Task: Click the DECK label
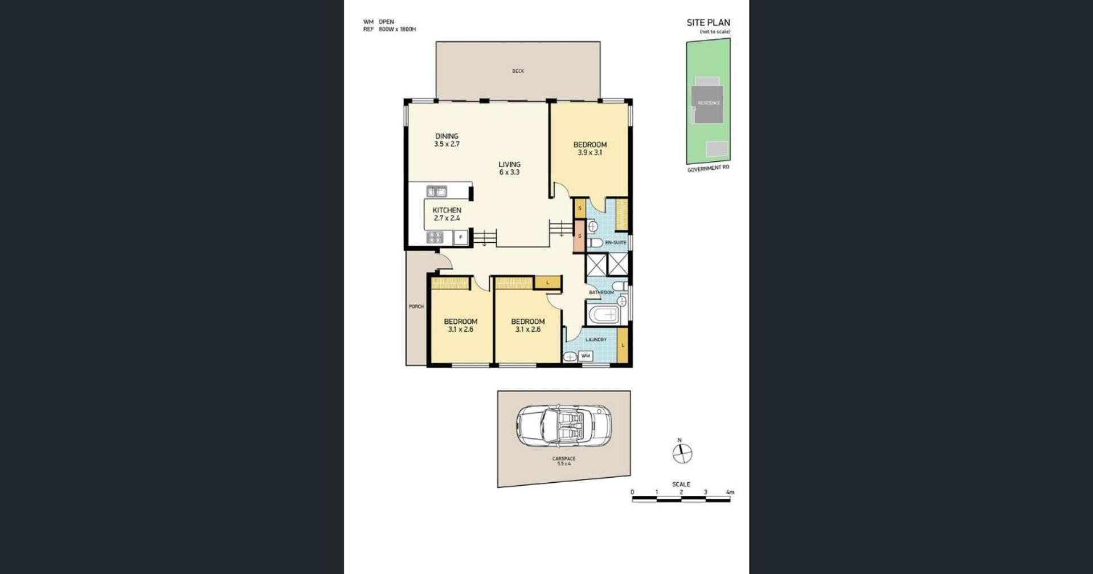coord(518,71)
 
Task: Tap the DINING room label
coord(447,136)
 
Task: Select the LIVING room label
coord(509,164)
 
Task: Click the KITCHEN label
coord(447,210)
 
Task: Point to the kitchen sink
coord(437,192)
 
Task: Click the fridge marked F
coord(461,237)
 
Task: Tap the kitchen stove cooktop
coord(435,237)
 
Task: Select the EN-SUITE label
coord(615,243)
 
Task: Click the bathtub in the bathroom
coord(604,314)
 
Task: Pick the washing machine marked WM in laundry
coord(586,356)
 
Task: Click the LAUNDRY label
coord(596,340)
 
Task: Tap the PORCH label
coord(416,307)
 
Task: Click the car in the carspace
coord(563,426)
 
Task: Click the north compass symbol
coord(682,454)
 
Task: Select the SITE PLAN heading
coord(708,23)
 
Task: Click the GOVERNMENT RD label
coord(708,169)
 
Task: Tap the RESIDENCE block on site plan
coord(708,103)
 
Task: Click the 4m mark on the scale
coord(730,492)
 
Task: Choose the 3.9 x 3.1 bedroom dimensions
coord(590,153)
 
